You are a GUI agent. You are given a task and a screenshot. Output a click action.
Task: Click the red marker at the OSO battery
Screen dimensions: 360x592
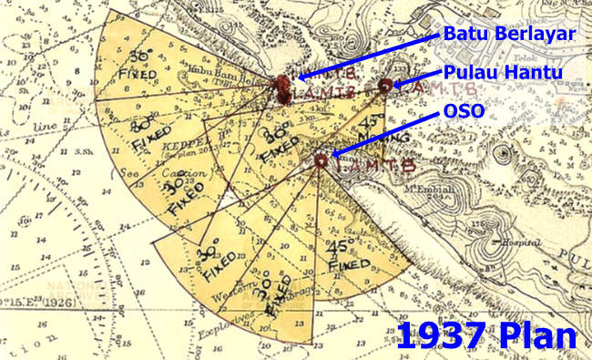click(320, 160)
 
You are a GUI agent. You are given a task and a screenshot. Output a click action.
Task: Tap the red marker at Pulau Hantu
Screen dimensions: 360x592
click(384, 86)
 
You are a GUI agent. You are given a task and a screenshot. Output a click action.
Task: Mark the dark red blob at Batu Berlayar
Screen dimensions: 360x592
click(283, 87)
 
